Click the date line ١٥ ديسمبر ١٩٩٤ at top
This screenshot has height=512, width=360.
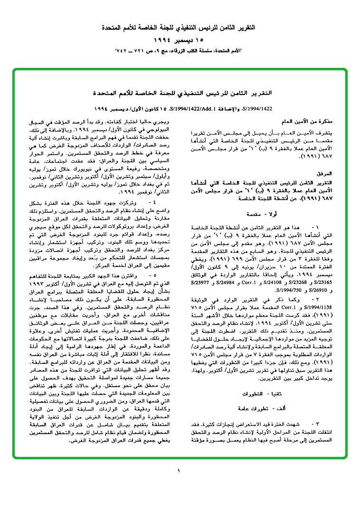coord(180,39)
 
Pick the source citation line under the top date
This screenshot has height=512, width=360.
coord(180,51)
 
